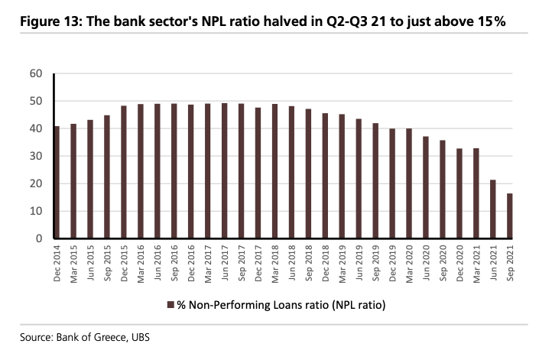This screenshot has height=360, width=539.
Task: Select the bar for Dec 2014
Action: click(57, 183)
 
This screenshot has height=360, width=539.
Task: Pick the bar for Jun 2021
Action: click(492, 209)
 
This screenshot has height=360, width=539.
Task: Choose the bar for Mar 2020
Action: click(409, 183)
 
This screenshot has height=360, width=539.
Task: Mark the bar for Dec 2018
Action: click(325, 176)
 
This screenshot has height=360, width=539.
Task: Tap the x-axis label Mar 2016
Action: click(141, 264)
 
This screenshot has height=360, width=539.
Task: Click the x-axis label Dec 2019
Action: click(392, 264)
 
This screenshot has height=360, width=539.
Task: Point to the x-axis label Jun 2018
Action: click(291, 264)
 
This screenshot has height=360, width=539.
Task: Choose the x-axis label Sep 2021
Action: click(509, 264)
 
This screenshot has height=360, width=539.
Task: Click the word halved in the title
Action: click(281, 21)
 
